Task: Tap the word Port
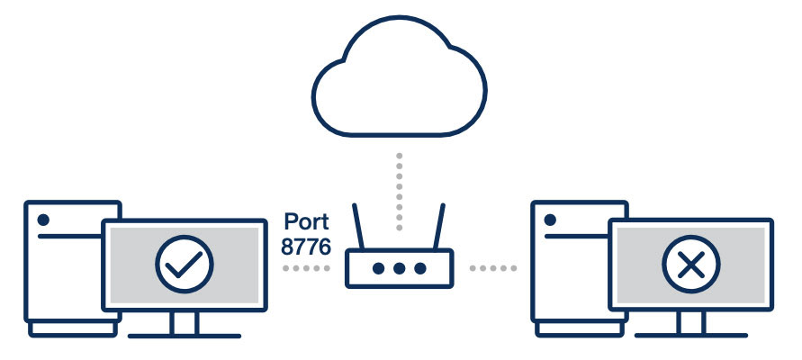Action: (306, 222)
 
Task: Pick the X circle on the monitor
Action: (690, 265)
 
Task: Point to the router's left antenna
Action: (361, 229)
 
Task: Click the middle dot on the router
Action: (399, 268)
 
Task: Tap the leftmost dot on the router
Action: (379, 268)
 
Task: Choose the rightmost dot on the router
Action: (419, 268)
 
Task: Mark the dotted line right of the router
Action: (493, 268)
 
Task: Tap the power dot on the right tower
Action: (549, 220)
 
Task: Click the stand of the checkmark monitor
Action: (184, 323)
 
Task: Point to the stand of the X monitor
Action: (690, 323)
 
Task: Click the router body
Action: (399, 279)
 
